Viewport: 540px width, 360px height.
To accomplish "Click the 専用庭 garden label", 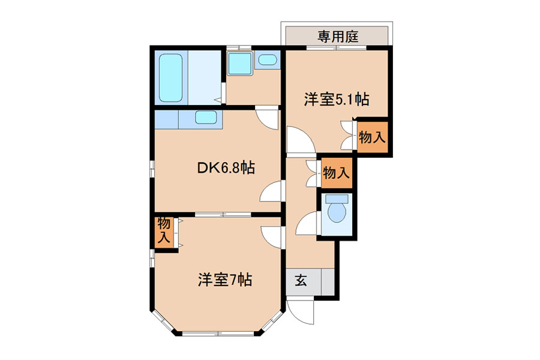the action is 338,36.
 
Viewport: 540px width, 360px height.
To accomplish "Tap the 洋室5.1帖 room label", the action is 336,99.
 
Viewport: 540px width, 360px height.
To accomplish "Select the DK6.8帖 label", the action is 226,168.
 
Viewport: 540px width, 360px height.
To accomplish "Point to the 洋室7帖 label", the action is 225,280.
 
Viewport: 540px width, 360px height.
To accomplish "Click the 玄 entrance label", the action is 301,281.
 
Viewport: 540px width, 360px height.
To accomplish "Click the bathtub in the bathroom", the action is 171,77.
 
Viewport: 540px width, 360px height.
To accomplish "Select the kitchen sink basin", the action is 206,118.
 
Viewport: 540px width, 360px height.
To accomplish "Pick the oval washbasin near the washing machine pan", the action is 268,60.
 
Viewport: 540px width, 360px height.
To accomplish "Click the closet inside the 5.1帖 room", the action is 372,137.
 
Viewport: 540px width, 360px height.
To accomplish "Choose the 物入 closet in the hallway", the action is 337,173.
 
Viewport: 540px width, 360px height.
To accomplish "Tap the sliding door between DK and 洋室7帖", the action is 223,215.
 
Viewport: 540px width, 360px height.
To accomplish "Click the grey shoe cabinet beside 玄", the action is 328,281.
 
